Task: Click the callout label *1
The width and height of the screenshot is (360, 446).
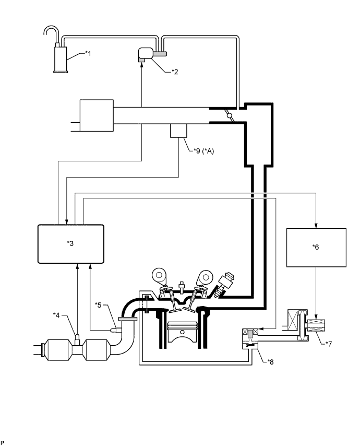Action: (88, 53)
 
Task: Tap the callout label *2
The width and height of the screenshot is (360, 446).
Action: (175, 72)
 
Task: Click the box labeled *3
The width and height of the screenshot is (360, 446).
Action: (71, 244)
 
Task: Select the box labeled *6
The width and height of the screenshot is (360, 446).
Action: (316, 248)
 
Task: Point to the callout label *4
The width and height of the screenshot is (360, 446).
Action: (56, 315)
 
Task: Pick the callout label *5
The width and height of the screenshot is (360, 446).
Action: (98, 305)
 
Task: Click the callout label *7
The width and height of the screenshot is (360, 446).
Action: (328, 344)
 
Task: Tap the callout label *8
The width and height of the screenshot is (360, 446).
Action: (270, 362)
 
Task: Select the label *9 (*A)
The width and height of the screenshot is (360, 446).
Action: (203, 151)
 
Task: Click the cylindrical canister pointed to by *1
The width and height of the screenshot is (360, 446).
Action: (61, 58)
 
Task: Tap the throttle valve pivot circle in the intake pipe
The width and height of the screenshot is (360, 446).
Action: (230, 116)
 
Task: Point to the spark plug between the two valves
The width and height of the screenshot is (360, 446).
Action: (181, 288)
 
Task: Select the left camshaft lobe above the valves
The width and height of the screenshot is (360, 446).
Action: (159, 275)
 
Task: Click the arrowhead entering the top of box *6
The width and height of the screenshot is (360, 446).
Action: (316, 226)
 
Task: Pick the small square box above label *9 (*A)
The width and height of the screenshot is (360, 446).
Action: (178, 131)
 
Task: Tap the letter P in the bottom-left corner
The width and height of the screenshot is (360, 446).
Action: (2, 442)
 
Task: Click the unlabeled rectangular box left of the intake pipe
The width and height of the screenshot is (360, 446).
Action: (97, 115)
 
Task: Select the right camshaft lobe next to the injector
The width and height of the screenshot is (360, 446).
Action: (206, 275)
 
